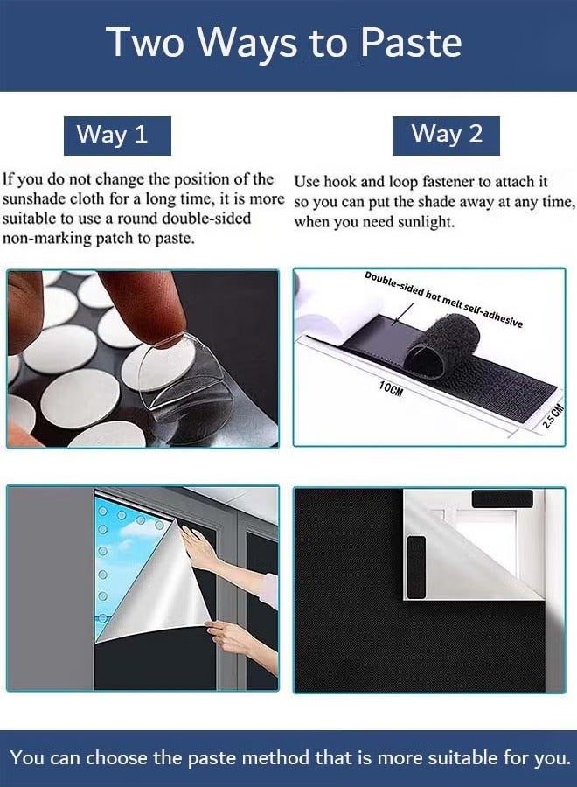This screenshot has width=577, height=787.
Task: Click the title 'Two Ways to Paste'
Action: [284, 43]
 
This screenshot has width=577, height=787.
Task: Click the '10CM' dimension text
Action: [392, 390]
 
